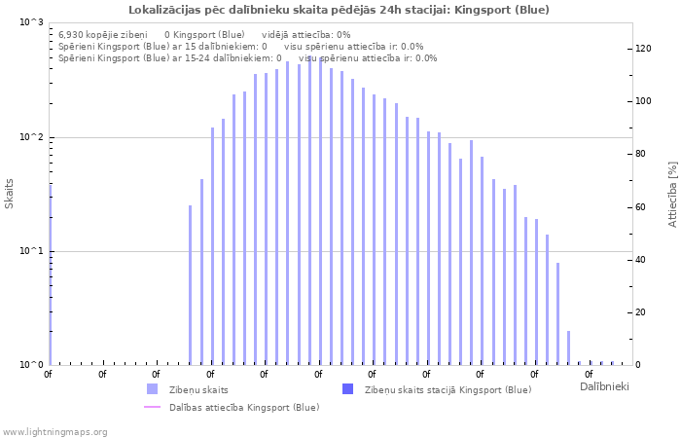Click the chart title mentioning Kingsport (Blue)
coord(339,10)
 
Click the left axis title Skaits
coord(10,194)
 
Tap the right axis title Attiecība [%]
coord(671,195)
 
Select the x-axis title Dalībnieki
coord(604,387)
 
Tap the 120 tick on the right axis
coord(643,49)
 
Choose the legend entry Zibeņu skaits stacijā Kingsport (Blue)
coord(448,389)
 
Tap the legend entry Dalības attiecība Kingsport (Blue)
coord(244,407)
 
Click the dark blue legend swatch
coord(347,389)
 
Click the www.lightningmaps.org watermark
coord(54,431)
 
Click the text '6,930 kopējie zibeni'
coord(103,34)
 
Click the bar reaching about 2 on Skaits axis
coord(568,347)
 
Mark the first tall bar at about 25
coord(191,284)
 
